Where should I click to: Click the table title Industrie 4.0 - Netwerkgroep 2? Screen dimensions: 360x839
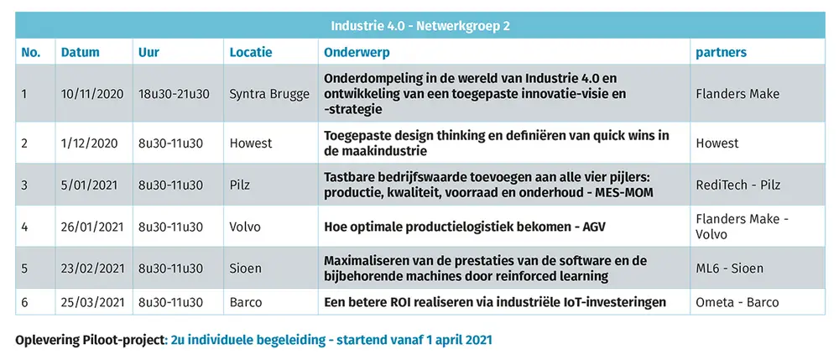tap(419, 25)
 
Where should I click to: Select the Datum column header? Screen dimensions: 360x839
tap(80, 52)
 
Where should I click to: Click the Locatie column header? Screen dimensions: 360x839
tap(251, 52)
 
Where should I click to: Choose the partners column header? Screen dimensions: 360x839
tap(721, 52)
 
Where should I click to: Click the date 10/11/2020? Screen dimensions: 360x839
tap(92, 94)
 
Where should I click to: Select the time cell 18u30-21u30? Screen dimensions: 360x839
tap(174, 94)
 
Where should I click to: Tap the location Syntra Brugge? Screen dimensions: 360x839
tap(268, 94)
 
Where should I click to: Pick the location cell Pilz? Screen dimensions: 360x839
tap(242, 185)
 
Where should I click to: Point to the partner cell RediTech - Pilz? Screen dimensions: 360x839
tap(737, 185)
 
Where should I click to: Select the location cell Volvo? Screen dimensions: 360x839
tap(246, 227)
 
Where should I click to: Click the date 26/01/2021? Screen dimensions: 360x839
tap(92, 227)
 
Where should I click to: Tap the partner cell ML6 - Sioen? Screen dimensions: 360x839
tap(730, 269)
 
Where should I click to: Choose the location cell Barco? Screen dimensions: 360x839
tap(246, 302)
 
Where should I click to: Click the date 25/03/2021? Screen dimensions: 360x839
tap(92, 302)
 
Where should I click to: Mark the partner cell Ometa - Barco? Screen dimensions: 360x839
tap(737, 302)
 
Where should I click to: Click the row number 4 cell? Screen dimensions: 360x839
tap(25, 227)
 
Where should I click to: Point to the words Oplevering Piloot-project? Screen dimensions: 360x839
tap(91, 341)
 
